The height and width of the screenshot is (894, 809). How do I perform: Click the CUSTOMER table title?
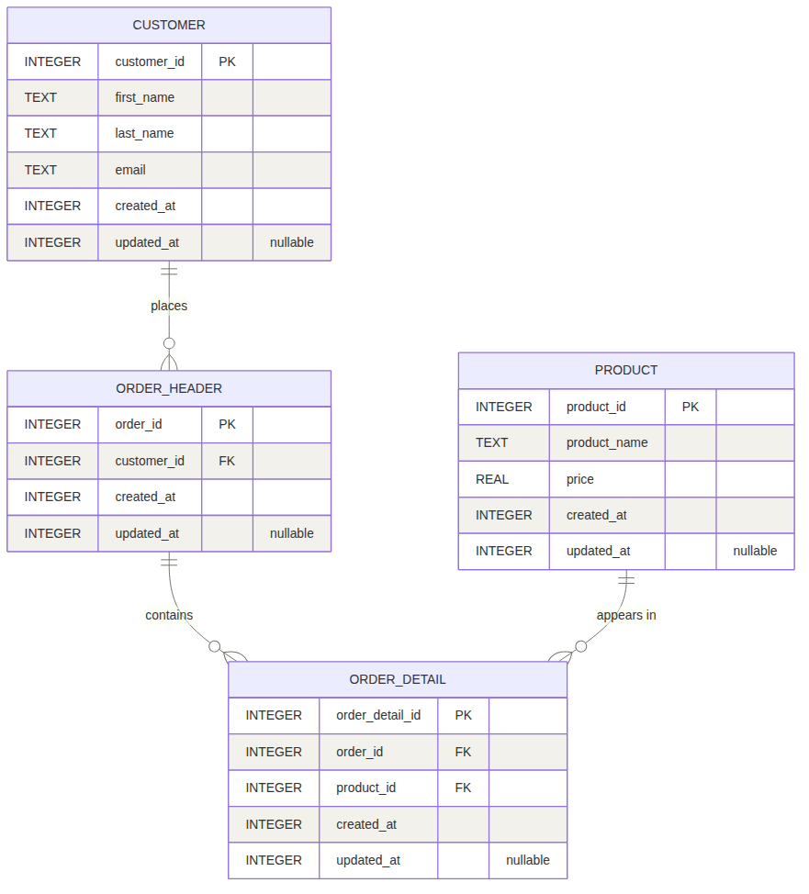point(169,25)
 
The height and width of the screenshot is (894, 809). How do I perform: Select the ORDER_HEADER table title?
point(169,388)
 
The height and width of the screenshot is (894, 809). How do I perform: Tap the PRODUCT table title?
point(626,370)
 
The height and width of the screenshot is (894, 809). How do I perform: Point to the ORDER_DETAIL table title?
point(398,679)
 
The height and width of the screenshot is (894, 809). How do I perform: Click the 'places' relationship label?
point(169,306)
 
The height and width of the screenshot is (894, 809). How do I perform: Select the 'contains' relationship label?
point(169,615)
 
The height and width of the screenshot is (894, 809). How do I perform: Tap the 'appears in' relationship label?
point(626,615)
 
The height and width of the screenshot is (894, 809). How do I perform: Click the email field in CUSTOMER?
point(130,170)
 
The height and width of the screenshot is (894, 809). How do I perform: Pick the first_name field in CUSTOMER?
point(144,97)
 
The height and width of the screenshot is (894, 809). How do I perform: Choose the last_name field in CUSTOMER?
point(144,133)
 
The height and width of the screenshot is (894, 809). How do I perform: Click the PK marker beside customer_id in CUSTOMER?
point(227,61)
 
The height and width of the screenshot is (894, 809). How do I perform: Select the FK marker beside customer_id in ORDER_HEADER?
point(227,461)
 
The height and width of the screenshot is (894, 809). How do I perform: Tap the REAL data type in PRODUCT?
point(492,479)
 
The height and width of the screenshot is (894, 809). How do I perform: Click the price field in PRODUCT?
point(580,479)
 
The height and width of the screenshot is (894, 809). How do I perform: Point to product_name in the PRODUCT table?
point(607,442)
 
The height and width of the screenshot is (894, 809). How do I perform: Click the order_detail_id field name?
point(378,715)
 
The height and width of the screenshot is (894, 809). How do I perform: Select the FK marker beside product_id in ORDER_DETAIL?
point(463,788)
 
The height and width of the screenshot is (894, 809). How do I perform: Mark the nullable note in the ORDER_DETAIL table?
point(528,860)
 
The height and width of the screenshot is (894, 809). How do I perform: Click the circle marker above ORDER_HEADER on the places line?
point(169,343)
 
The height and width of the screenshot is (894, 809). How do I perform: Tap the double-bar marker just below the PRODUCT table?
point(626,580)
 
